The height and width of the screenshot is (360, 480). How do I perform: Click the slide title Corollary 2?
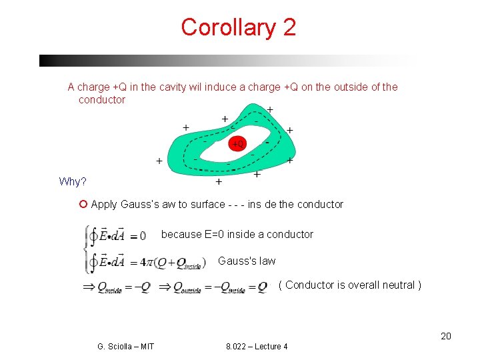point(238,27)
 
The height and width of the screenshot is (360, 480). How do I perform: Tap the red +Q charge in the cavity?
point(237,143)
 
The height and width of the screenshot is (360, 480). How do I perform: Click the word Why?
point(72,182)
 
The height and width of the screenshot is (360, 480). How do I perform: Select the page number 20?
point(446,336)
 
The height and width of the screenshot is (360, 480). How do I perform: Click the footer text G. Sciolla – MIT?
point(125,346)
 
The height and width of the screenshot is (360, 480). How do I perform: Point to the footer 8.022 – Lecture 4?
point(257,346)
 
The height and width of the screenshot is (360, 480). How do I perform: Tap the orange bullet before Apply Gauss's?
point(83,204)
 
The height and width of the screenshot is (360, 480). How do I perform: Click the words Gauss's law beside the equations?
point(246,261)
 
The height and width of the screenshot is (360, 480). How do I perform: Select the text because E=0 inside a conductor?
point(237,234)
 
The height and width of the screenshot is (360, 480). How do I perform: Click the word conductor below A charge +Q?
point(101,99)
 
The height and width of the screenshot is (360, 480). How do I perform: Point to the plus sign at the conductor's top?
point(269,109)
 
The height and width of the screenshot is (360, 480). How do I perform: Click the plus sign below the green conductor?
point(219,181)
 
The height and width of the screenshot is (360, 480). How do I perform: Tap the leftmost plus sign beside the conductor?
point(159,161)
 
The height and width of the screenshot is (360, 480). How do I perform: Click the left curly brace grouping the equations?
point(85,248)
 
